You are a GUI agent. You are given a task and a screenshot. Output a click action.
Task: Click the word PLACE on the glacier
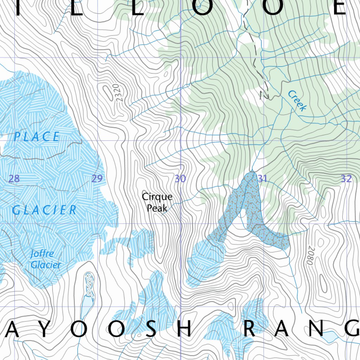click(37, 137)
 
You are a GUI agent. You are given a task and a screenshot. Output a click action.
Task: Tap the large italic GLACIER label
click(44, 210)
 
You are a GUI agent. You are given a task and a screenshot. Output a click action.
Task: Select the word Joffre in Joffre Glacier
click(42, 253)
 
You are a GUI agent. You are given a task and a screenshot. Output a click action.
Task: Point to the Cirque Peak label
click(157, 202)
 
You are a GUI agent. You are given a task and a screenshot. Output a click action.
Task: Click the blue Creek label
click(297, 101)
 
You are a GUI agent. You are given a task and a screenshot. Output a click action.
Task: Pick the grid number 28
click(14, 179)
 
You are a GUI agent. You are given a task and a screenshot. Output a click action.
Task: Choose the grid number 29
click(97, 179)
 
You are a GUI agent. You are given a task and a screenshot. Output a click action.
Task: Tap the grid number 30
click(180, 179)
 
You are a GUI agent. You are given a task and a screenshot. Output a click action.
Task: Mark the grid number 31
click(262, 179)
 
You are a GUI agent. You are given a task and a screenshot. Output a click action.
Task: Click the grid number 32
click(346, 179)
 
